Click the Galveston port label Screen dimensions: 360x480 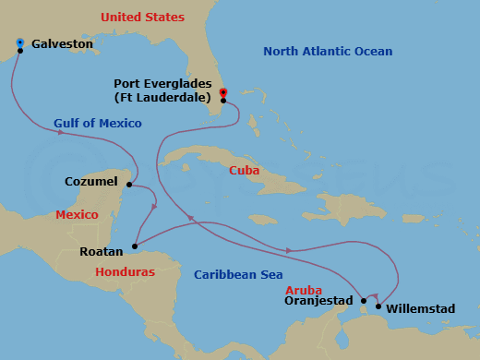64,43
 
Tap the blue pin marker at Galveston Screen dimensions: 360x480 20,42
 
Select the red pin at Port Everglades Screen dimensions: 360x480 223,92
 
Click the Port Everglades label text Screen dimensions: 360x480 162,90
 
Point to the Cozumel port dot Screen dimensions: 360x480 127,184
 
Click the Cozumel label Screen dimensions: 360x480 91,182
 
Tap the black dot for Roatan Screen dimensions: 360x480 134,246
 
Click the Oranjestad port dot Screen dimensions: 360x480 364,301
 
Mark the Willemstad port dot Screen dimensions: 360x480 378,306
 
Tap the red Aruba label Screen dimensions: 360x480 304,290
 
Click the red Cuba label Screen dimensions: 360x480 246,171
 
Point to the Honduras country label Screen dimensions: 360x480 125,272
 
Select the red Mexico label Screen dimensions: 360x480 77,215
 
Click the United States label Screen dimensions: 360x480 142,18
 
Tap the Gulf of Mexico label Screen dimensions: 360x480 98,124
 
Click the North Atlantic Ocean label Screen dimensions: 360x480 328,52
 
